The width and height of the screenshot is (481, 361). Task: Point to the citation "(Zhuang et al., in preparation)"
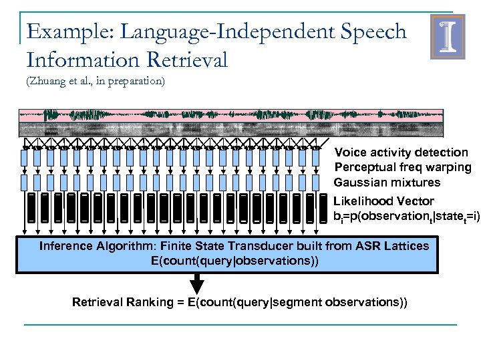95,82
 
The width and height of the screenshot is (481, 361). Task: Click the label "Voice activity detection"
401,152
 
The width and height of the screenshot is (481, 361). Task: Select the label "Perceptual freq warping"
402,167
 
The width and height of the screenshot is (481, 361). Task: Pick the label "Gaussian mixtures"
387,183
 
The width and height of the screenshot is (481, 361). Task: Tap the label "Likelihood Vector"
383,201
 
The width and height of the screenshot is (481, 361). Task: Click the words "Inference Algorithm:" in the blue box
92,246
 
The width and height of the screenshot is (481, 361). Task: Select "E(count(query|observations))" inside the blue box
234,260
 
